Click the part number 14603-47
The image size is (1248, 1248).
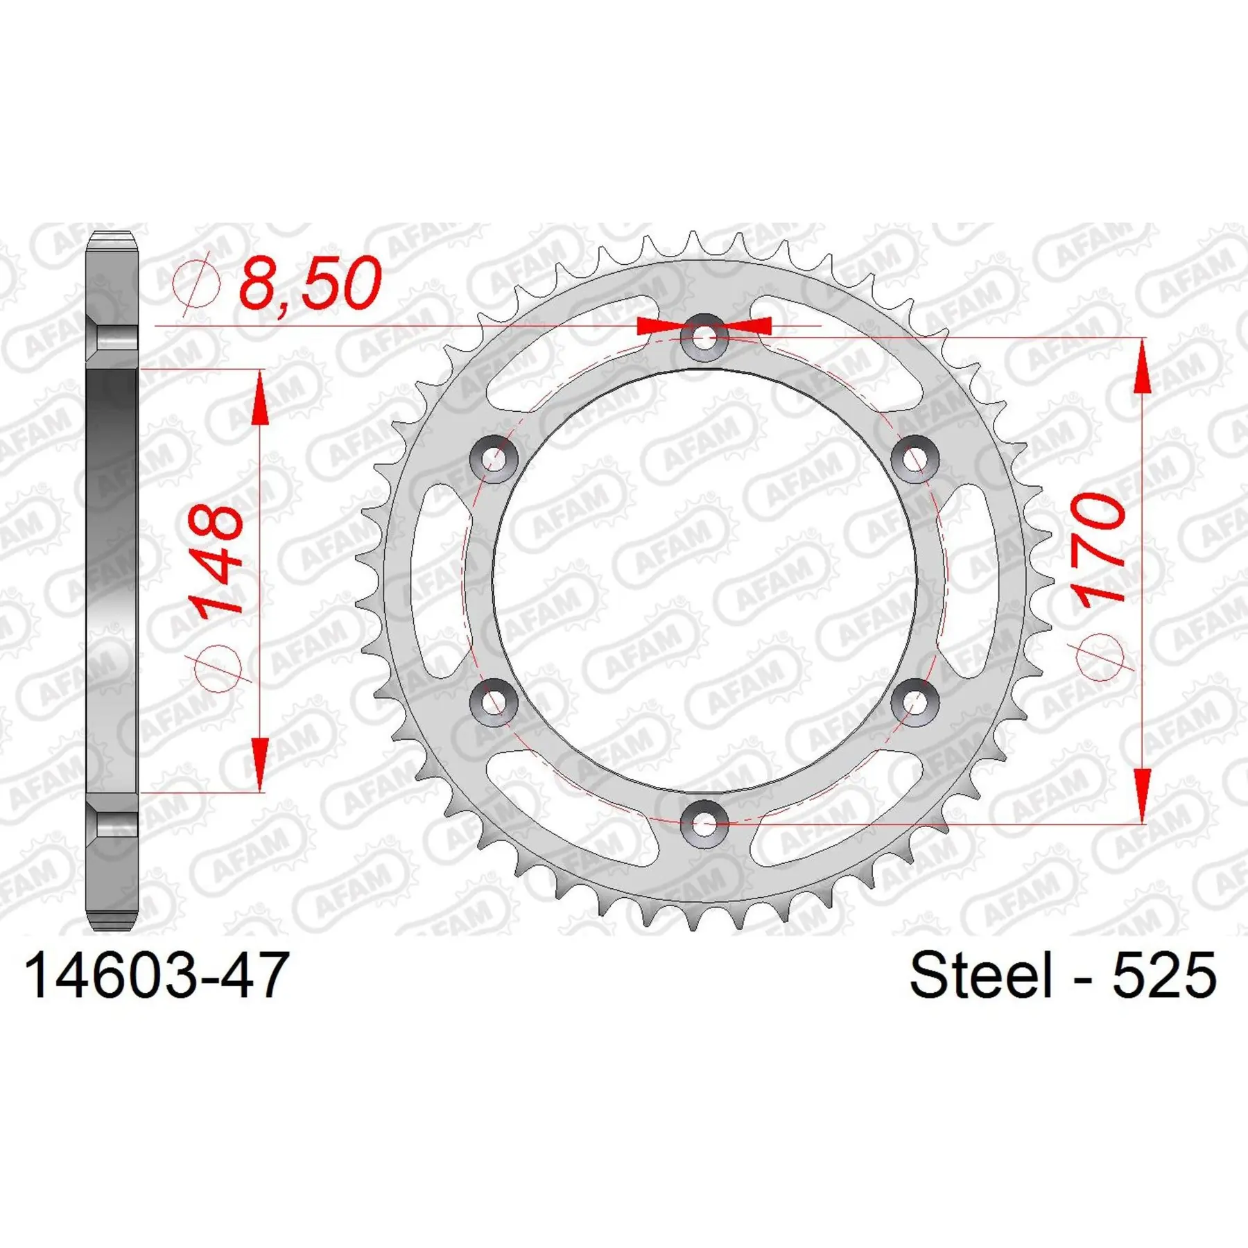tap(156, 975)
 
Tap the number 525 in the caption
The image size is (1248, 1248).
tap(1164, 975)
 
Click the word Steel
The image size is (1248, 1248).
tap(980, 975)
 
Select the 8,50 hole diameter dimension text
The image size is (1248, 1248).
tap(310, 283)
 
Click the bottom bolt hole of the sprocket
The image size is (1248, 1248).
tap(704, 824)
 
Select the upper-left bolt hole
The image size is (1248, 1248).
tap(494, 459)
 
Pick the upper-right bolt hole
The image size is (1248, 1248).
tap(915, 459)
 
